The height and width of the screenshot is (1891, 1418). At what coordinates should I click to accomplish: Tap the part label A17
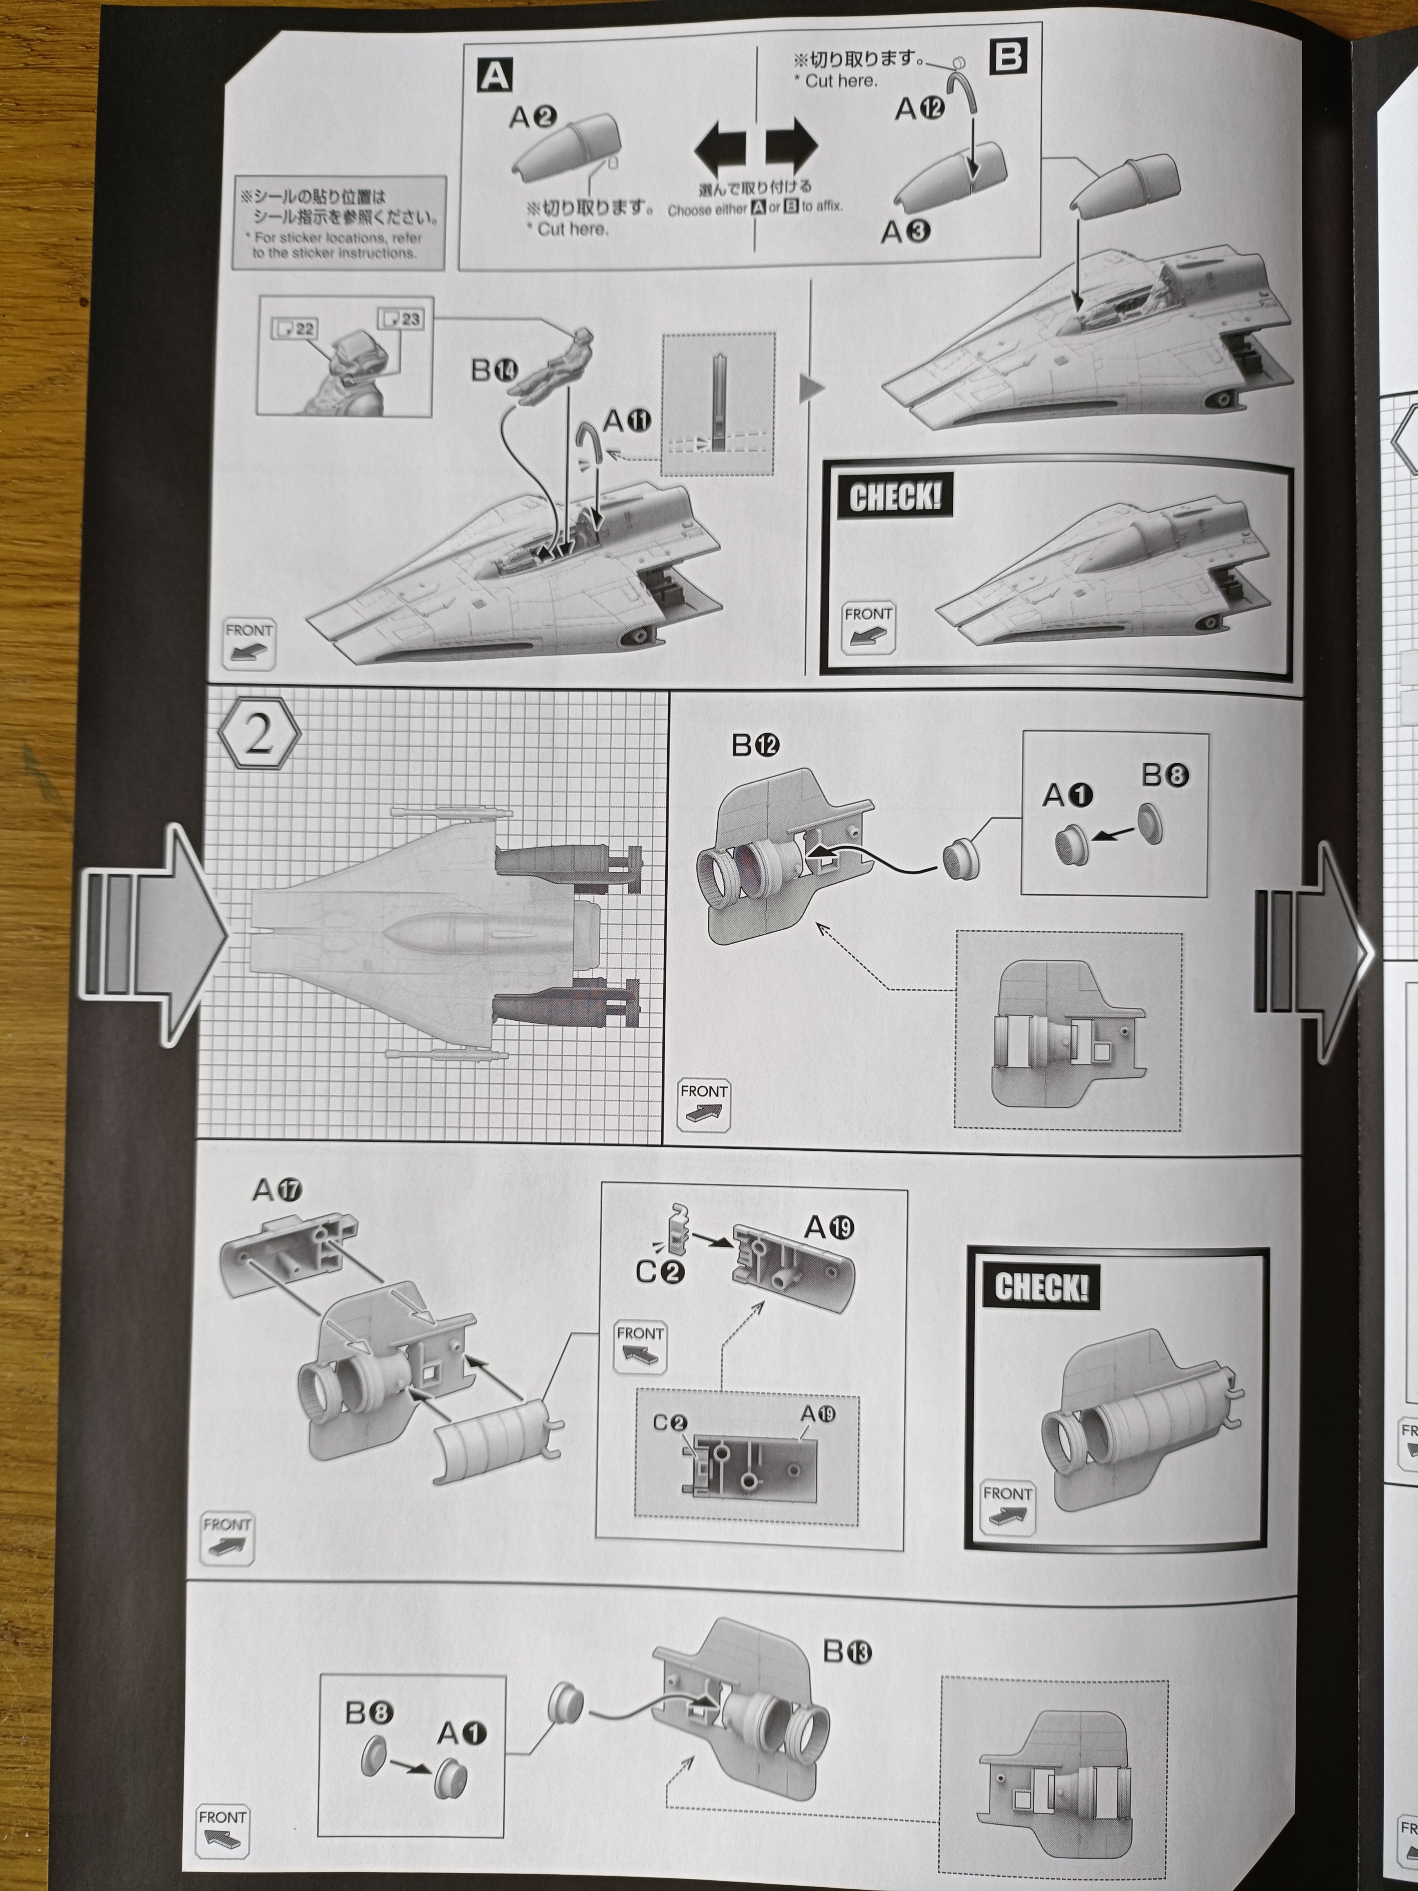pyautogui.click(x=277, y=1189)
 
